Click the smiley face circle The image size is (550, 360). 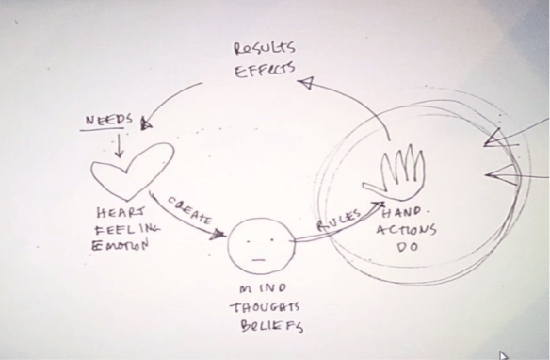[260, 243]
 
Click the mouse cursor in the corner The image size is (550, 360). [503, 354]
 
